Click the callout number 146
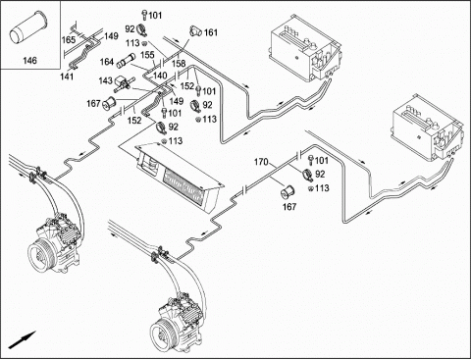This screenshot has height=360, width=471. click(29, 61)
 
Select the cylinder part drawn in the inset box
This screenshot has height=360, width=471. click(26, 30)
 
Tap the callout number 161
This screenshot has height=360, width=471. click(211, 32)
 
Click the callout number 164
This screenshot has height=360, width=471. click(106, 62)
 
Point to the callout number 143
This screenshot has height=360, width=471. click(106, 80)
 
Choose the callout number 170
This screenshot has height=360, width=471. click(261, 162)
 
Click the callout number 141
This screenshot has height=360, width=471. click(67, 77)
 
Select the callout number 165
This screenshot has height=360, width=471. click(69, 40)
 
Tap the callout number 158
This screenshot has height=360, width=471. click(179, 64)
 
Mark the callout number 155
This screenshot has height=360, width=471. click(147, 55)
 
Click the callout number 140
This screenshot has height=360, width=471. click(160, 76)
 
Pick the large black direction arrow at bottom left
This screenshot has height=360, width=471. click(22, 340)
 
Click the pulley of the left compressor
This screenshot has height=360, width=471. click(40, 254)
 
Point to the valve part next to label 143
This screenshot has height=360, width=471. click(124, 82)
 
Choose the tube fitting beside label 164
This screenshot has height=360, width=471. click(126, 60)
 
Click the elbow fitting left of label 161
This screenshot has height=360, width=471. click(195, 31)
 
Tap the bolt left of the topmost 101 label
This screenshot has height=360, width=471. click(144, 16)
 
